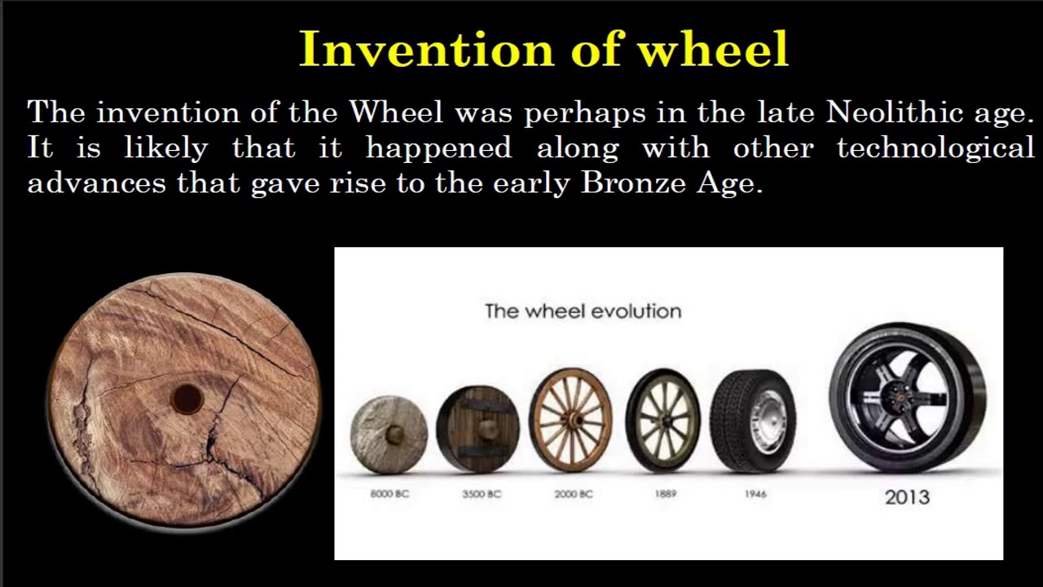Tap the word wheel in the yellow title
712,50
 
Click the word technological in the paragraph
935,148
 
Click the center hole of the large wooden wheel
187,399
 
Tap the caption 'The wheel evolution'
583,311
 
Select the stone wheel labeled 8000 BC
389,434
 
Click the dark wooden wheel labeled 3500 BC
478,430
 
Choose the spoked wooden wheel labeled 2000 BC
570,420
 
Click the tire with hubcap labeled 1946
753,421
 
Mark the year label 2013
907,497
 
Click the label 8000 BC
389,494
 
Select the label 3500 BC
482,494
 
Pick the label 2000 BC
573,494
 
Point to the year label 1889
666,494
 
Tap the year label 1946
755,494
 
